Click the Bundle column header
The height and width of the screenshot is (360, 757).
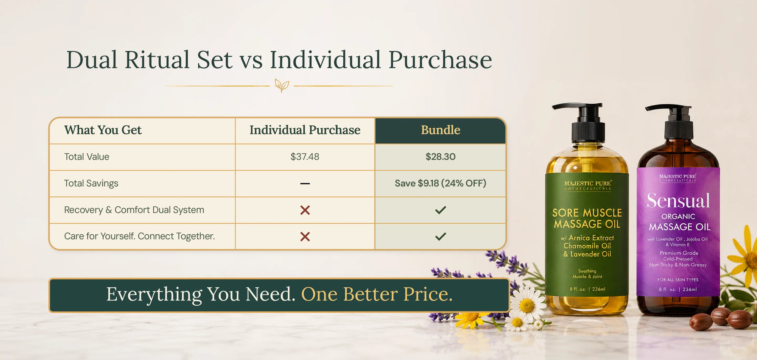coord(441,130)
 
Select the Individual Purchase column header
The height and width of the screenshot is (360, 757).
coord(305,130)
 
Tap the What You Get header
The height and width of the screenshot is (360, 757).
coord(103,130)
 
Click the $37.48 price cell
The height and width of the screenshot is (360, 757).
coord(305,157)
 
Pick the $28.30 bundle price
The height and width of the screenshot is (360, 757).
coord(441,157)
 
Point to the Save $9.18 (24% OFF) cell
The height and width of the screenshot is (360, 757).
coord(441,183)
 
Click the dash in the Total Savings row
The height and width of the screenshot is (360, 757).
coord(305,184)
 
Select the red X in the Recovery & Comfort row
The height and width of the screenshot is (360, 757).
coord(305,210)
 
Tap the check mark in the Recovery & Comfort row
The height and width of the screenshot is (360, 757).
coord(441,210)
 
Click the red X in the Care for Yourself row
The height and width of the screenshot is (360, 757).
coord(305,237)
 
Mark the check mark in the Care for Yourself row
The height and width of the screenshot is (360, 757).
coord(441,236)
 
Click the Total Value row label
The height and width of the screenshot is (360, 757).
coord(87,157)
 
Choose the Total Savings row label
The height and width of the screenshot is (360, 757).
coord(91,183)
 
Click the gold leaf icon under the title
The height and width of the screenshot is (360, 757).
coord(282,85)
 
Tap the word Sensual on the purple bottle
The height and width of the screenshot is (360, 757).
coord(678,201)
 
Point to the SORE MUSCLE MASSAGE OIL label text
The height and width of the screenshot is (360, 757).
coord(587,218)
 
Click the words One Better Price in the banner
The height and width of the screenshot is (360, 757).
coord(377,294)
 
